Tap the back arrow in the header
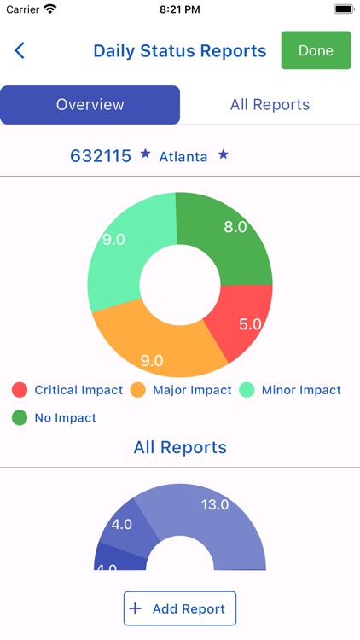point(20,50)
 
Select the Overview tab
point(90,105)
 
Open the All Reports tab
point(270,105)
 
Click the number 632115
point(101,155)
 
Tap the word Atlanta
point(183,156)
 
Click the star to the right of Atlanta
point(224,154)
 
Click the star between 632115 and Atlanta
point(145,154)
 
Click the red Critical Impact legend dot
point(20,390)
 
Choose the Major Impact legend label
point(192,390)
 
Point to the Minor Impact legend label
point(301,390)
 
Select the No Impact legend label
point(65,418)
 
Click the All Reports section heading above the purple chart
point(180,447)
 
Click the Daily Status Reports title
point(180,50)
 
